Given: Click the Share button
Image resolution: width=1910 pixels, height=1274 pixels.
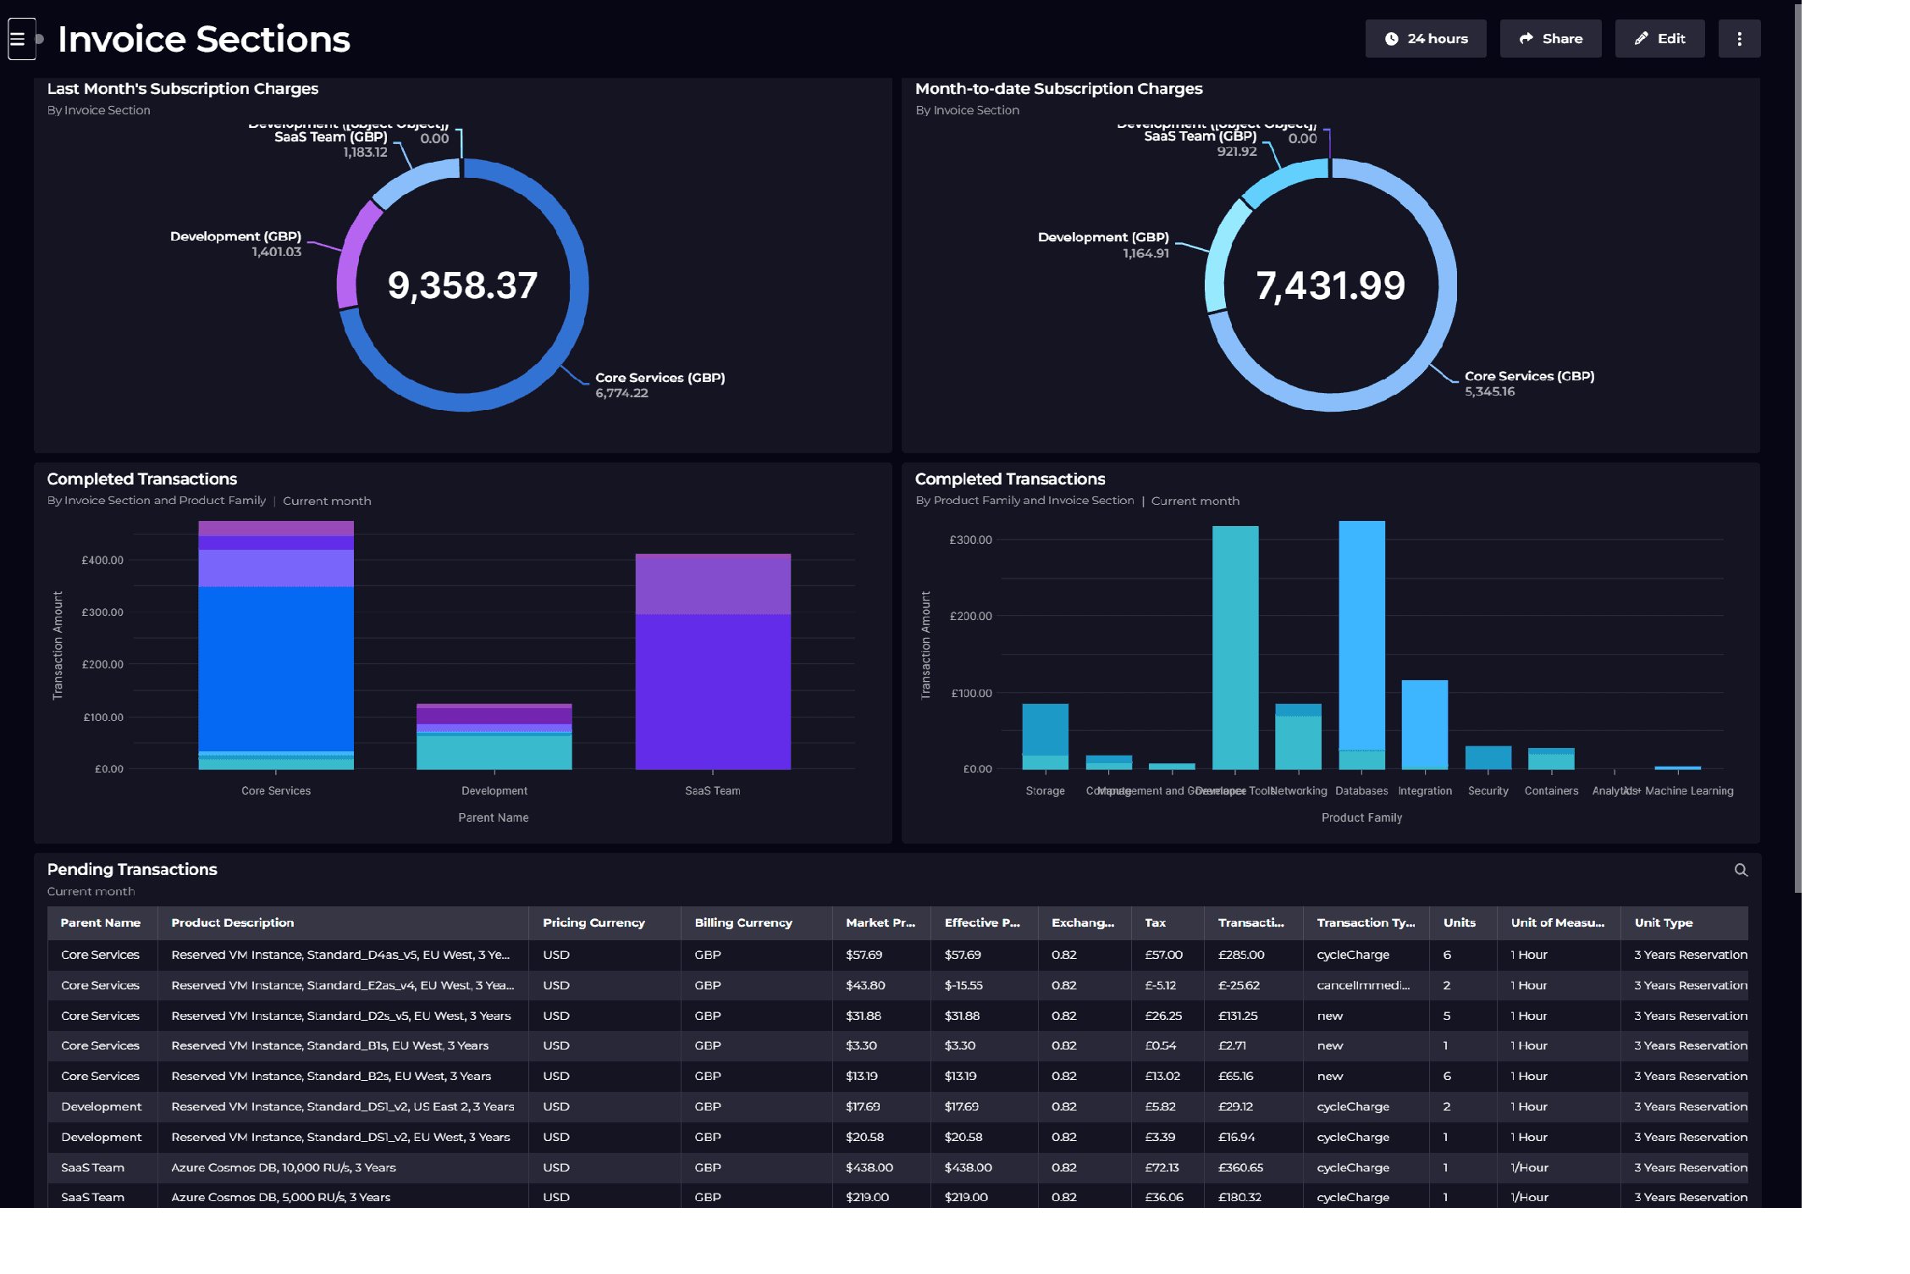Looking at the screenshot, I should click(x=1549, y=39).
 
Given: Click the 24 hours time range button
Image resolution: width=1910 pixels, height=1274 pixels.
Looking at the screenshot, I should click(x=1425, y=39).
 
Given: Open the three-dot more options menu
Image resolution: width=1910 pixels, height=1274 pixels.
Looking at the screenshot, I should click(x=1738, y=39).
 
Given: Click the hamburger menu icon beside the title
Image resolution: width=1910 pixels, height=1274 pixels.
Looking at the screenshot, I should click(x=18, y=39).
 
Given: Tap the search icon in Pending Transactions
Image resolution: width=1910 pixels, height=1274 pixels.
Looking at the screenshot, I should click(x=1740, y=870).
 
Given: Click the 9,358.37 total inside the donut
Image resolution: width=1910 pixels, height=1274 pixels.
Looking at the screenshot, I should click(x=462, y=285).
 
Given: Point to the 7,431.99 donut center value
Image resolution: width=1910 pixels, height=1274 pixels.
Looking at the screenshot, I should click(x=1330, y=285).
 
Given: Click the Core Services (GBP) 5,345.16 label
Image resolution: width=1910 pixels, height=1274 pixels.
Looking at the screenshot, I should click(x=1528, y=383).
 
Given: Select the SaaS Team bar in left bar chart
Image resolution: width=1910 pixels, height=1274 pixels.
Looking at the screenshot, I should click(x=712, y=678).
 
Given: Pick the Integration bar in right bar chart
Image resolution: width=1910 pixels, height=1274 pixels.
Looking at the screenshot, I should click(x=1424, y=724).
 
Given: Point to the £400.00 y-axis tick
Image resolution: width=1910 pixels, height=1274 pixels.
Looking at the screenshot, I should click(x=102, y=560).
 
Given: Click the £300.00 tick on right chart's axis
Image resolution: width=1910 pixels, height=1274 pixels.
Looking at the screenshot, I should click(x=970, y=540).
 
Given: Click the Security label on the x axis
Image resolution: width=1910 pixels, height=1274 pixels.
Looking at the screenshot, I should click(x=1488, y=790).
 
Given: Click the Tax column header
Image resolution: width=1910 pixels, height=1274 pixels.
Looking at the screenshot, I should click(x=1155, y=922).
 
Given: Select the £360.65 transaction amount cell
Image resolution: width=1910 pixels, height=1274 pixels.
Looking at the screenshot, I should click(x=1240, y=1167).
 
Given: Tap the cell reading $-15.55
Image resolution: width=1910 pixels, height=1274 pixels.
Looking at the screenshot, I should click(x=963, y=985).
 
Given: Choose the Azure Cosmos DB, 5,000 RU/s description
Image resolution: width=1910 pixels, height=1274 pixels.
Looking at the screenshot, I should click(x=280, y=1197).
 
